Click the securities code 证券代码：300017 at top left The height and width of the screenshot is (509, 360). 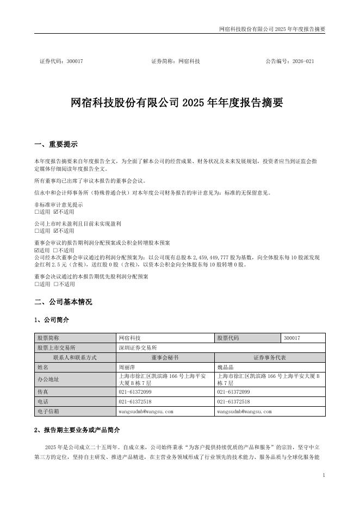61,61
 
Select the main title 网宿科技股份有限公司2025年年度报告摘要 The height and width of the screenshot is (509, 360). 177,103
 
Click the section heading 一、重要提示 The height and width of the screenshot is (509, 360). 55,145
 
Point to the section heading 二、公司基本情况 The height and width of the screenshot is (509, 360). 63,302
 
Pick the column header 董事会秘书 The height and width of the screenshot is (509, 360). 165,357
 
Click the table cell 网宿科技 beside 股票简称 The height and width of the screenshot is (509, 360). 129,338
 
